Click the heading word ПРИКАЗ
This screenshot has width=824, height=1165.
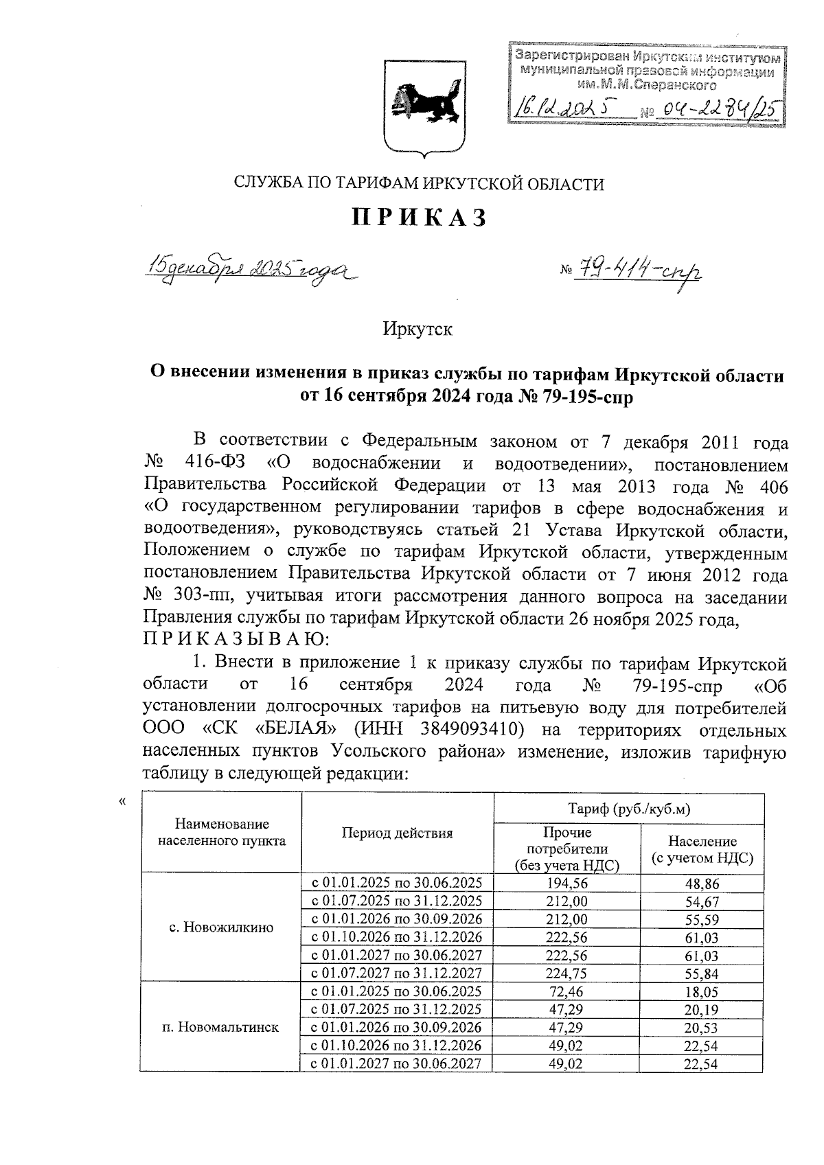(x=420, y=218)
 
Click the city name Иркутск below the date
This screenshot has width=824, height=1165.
(x=417, y=329)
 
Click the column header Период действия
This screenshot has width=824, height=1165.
(x=397, y=833)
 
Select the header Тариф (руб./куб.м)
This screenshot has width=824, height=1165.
(x=628, y=809)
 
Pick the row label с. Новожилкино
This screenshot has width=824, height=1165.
(x=220, y=927)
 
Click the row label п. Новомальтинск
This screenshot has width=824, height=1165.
(x=220, y=1028)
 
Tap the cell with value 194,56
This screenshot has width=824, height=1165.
(x=566, y=883)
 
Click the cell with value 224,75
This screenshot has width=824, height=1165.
(x=566, y=973)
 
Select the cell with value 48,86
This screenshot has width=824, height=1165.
(x=701, y=884)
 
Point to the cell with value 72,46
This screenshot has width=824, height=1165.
(x=566, y=991)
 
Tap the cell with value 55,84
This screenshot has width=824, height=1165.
(x=701, y=973)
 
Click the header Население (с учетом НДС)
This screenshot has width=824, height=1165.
(x=701, y=849)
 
